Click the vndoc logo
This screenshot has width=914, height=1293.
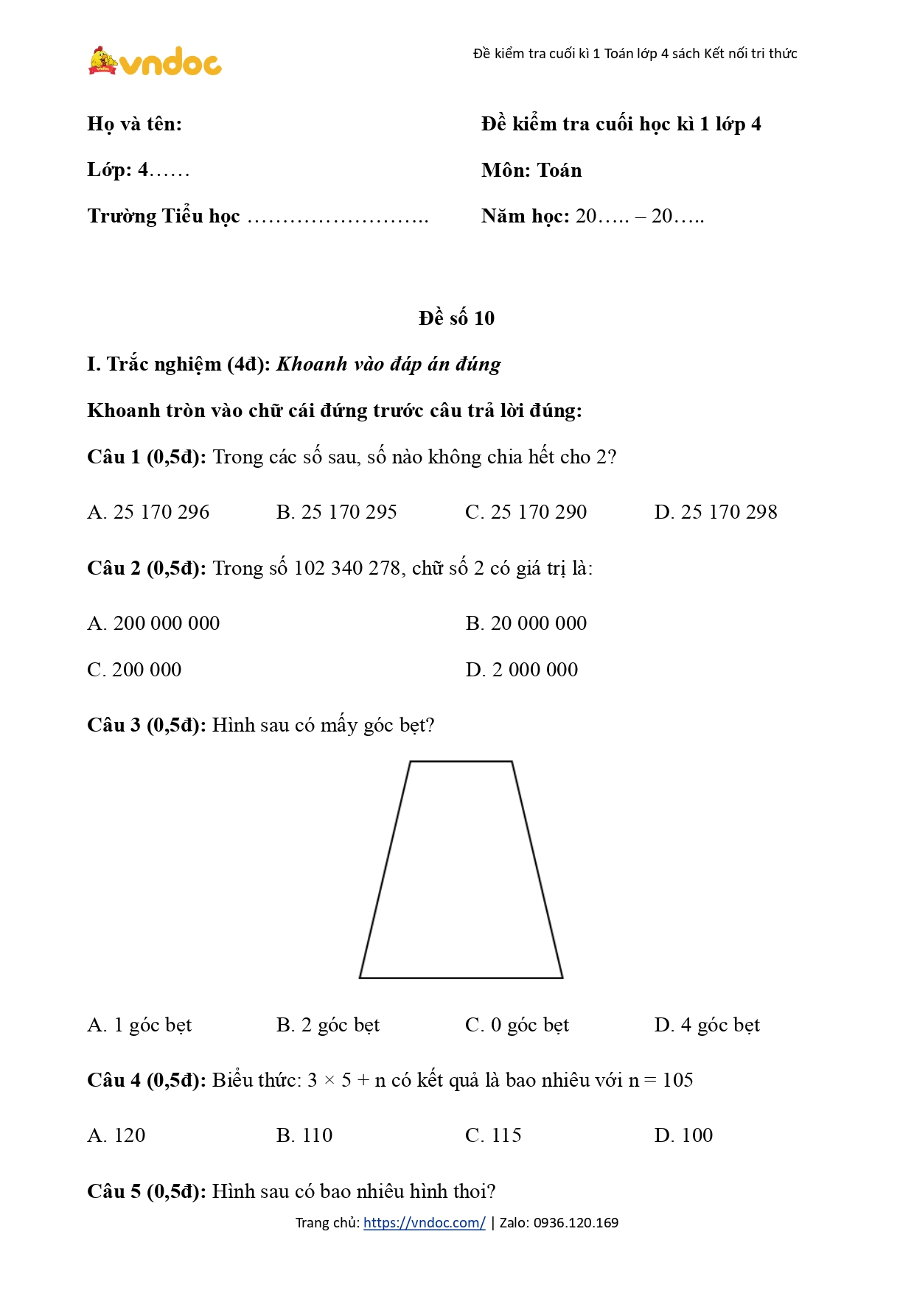[x=155, y=62]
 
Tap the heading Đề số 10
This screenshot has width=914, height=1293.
[x=456, y=318]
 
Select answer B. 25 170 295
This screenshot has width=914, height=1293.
[x=336, y=512]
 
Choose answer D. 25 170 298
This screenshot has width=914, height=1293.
[x=715, y=512]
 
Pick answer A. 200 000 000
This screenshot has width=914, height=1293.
[x=153, y=623]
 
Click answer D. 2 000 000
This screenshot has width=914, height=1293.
[x=521, y=670]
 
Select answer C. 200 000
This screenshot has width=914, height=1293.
[x=134, y=670]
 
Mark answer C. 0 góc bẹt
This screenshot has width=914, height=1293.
[x=517, y=1025]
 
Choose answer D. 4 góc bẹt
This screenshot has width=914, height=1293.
[x=706, y=1025]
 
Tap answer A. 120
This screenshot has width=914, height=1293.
[x=116, y=1135]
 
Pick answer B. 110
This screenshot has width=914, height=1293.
[x=304, y=1135]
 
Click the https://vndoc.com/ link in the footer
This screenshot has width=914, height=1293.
[x=424, y=1223]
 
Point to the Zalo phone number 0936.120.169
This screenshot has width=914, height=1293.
[x=576, y=1223]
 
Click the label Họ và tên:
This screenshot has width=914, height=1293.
[x=134, y=124]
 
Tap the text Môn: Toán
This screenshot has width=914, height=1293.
[x=531, y=170]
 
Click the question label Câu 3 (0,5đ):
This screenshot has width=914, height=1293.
[x=146, y=725]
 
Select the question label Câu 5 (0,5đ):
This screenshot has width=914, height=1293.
[x=146, y=1191]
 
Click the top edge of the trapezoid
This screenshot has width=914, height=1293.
[x=461, y=761]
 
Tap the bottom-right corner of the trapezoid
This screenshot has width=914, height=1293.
[x=562, y=977]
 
